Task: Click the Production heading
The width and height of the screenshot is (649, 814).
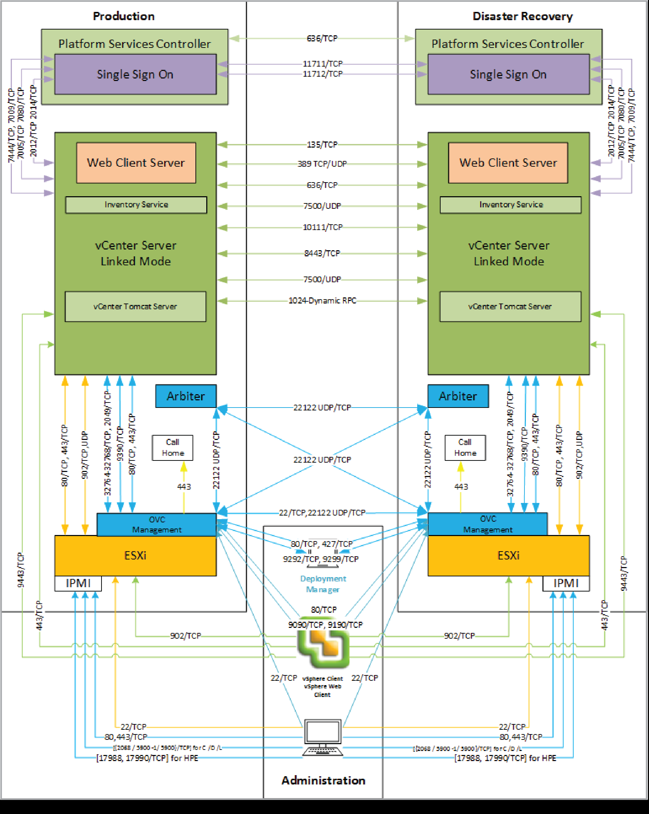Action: (x=123, y=16)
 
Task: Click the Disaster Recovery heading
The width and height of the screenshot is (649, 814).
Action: (x=522, y=16)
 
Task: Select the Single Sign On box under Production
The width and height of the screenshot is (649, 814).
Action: (x=135, y=75)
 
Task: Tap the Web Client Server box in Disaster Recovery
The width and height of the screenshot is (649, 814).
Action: (x=508, y=163)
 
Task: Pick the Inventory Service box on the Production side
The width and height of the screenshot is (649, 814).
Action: (x=136, y=204)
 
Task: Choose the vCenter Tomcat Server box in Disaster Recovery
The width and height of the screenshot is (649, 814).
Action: (x=510, y=307)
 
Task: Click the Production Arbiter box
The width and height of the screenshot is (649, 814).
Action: (x=186, y=396)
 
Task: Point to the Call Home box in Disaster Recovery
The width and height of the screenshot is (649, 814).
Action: (x=465, y=448)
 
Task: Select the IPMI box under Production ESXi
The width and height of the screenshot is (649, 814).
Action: (x=78, y=583)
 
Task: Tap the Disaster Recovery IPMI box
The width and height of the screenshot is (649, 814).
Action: (x=565, y=583)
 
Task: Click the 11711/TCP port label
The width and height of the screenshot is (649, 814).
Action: (x=323, y=64)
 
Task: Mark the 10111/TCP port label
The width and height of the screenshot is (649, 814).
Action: (x=323, y=227)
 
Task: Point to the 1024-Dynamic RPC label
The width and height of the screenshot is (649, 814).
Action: (x=322, y=301)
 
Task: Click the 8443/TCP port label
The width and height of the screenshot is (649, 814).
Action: (x=322, y=253)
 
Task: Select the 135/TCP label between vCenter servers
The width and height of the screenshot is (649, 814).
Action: (x=322, y=145)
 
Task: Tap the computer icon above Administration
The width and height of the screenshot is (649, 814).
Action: (x=323, y=737)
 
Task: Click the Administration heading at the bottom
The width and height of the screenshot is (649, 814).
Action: (x=323, y=780)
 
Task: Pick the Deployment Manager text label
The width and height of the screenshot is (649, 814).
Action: (x=323, y=584)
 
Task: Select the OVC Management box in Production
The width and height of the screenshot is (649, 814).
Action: (x=157, y=525)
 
